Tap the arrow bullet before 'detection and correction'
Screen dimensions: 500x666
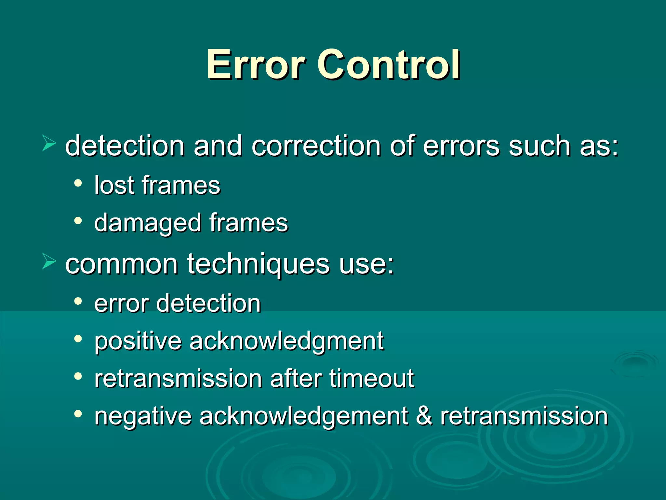[x=49, y=144]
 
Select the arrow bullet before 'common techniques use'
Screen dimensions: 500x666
[x=49, y=262]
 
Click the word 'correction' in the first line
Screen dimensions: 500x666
[x=316, y=146]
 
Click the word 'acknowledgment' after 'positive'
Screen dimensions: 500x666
[x=286, y=342]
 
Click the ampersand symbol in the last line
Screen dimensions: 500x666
[x=424, y=416]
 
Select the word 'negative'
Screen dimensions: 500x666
[x=143, y=417]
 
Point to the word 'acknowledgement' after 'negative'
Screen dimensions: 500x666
[x=304, y=417]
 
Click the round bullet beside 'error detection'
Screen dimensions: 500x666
[x=78, y=301]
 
